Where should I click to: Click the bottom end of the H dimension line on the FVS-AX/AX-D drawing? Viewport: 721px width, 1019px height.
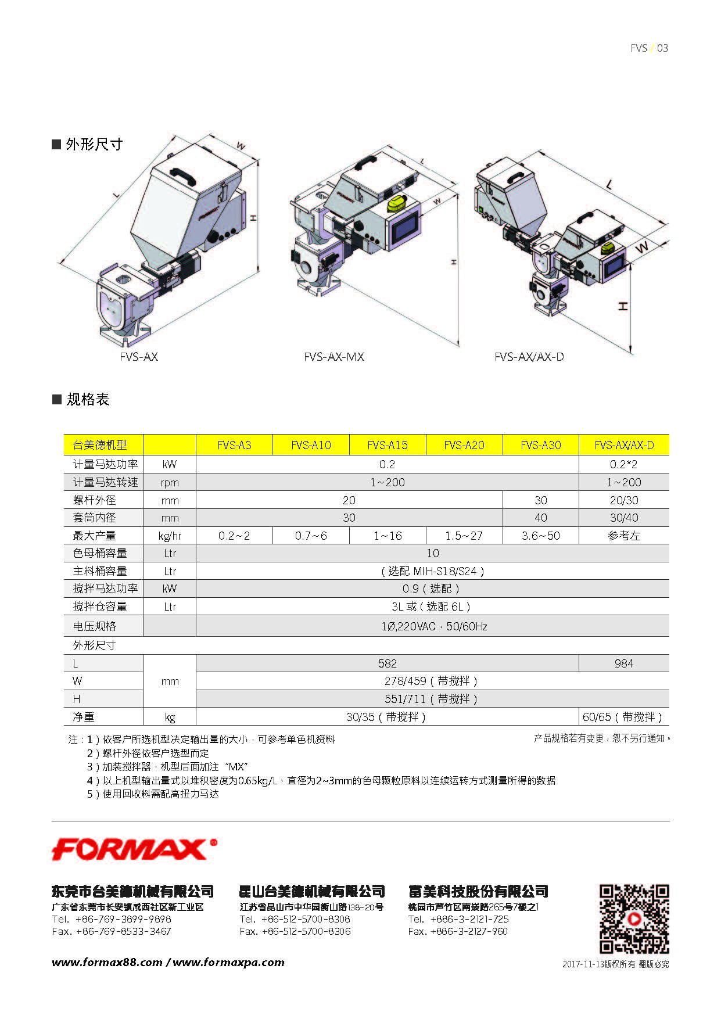click(632, 352)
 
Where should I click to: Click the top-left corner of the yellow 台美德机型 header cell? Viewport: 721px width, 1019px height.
click(64, 435)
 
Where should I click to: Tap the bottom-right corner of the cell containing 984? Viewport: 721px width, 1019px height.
click(669, 672)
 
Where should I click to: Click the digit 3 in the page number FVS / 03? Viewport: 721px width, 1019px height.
click(666, 48)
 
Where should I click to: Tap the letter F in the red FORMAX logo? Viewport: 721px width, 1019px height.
click(63, 850)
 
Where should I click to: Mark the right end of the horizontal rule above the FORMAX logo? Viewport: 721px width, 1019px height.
click(669, 821)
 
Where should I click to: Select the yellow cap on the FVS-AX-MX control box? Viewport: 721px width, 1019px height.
click(397, 204)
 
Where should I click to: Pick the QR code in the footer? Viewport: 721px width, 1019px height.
click(634, 919)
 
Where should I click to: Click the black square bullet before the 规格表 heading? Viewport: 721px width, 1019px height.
click(57, 399)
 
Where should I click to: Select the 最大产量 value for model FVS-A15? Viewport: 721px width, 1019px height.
click(388, 536)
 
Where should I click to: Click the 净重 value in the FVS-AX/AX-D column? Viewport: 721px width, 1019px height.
click(623, 717)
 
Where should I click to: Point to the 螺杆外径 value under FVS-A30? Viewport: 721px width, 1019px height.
click(540, 500)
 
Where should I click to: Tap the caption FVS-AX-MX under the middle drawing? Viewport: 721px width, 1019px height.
click(334, 357)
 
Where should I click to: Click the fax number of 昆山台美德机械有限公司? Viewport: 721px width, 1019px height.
click(295, 931)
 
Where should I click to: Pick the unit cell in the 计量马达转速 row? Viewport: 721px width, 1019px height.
click(170, 482)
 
